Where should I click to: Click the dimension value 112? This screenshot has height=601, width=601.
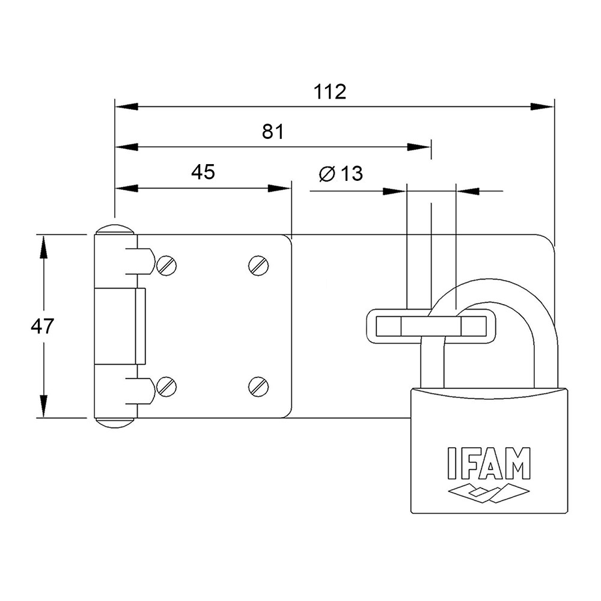click(330, 92)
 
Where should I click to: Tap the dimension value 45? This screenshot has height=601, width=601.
click(203, 172)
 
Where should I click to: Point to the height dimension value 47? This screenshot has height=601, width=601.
click(43, 326)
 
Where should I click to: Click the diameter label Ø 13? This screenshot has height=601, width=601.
click(341, 174)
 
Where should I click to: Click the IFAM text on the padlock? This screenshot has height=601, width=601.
click(489, 462)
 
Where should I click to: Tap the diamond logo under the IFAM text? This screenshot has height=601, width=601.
click(489, 491)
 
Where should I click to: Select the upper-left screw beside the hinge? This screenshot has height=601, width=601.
click(166, 265)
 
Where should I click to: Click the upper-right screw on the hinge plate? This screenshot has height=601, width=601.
click(258, 265)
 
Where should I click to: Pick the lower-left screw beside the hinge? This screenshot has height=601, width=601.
click(166, 386)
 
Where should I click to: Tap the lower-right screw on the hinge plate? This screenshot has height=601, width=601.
click(258, 386)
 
